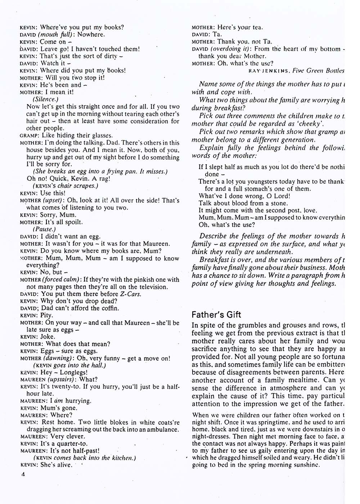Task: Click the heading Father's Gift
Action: click(x=216, y=315)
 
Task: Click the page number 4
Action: click(x=23, y=474)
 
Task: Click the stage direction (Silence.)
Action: click(x=45, y=99)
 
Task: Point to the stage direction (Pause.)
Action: click(x=44, y=229)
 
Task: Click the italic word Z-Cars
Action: click(x=130, y=294)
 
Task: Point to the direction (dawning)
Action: click(x=58, y=358)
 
